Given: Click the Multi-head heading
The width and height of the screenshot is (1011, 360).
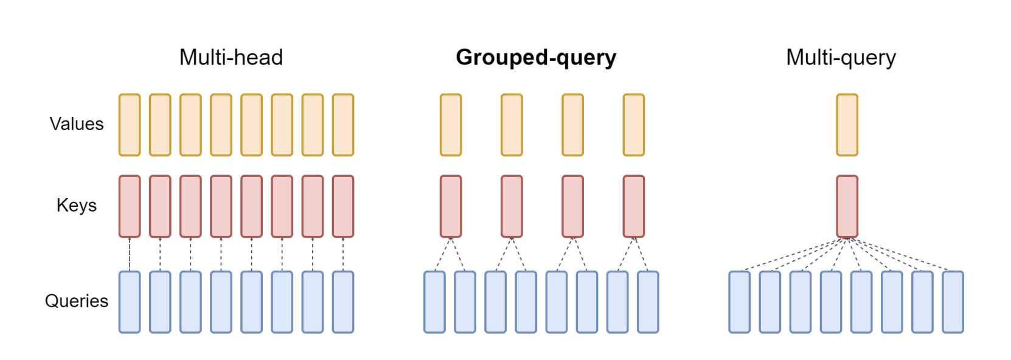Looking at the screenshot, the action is click(x=231, y=57).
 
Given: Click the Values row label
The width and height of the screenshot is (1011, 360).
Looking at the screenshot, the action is click(x=76, y=123).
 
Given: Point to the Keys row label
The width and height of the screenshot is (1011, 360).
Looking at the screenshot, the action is click(x=76, y=206).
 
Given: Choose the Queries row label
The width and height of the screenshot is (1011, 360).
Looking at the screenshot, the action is click(x=76, y=301).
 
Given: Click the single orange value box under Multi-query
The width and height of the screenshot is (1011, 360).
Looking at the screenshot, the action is click(x=847, y=125).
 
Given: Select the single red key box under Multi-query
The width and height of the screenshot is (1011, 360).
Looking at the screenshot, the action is click(x=847, y=206).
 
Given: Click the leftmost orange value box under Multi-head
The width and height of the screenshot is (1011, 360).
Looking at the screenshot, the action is click(x=130, y=125).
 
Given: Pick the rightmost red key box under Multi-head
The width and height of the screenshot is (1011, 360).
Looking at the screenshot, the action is click(x=343, y=206).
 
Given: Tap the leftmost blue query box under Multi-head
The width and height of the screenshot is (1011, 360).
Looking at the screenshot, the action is click(x=130, y=302).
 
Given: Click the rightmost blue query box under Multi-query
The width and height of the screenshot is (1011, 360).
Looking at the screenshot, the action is click(x=953, y=302).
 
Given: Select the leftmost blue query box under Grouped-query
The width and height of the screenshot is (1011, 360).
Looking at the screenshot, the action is click(x=435, y=302).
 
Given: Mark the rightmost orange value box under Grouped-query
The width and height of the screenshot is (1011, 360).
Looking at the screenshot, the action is click(x=634, y=125).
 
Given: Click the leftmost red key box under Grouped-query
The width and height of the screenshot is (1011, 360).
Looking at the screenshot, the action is click(x=451, y=206).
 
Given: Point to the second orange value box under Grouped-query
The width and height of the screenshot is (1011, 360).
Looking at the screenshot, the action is click(x=512, y=125).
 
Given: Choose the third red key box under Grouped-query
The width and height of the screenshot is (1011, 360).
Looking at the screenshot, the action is click(x=573, y=206).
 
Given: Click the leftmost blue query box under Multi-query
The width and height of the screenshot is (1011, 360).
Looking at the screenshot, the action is click(x=740, y=302).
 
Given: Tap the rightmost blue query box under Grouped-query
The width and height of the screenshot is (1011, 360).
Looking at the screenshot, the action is click(x=648, y=302).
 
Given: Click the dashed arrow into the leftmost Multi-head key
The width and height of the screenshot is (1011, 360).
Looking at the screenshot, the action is click(x=130, y=254).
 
